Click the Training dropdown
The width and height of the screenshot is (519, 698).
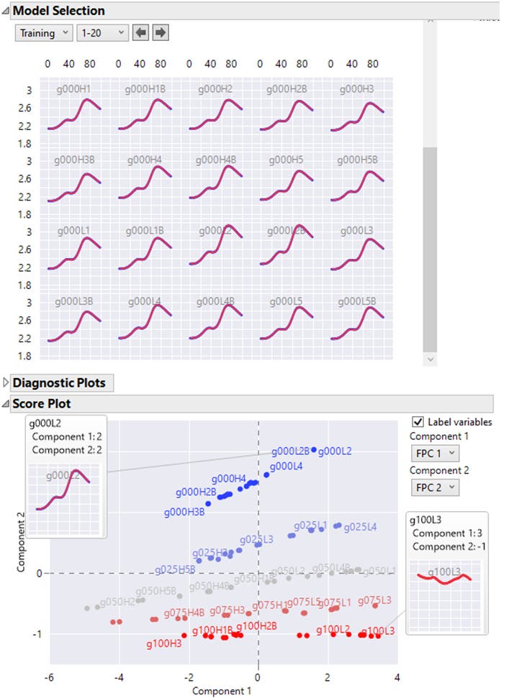(x=44, y=33)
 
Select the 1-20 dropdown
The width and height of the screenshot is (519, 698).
(x=103, y=33)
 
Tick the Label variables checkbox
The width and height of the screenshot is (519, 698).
(x=418, y=422)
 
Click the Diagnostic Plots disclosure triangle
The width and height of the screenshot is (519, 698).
(x=6, y=383)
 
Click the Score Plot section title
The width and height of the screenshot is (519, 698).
(x=42, y=404)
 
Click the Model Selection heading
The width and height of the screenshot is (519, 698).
(x=58, y=11)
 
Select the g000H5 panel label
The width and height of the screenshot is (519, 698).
(x=287, y=160)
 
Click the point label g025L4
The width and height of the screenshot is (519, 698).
(x=360, y=527)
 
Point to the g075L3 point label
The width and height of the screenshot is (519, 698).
(x=374, y=600)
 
